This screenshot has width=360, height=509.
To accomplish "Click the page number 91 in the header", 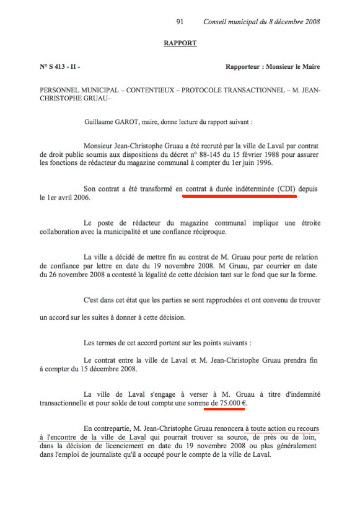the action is coord(180,22).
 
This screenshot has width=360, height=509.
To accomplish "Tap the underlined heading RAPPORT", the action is coord(180,43).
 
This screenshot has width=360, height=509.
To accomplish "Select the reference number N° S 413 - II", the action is coord(59,66).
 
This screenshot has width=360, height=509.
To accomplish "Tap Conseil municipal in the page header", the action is coord(232,22).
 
